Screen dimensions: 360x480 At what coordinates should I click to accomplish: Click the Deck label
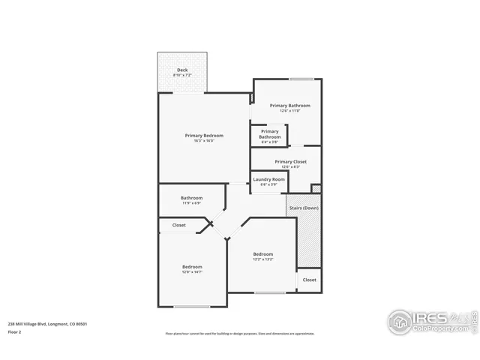[182, 70]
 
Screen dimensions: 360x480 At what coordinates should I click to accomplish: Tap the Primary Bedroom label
[204, 135]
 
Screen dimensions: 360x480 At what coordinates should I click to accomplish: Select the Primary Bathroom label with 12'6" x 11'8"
[289, 106]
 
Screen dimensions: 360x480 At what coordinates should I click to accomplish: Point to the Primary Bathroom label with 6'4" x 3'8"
[269, 131]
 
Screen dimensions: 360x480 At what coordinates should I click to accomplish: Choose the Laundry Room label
[268, 179]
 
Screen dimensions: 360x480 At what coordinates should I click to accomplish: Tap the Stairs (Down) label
[303, 207]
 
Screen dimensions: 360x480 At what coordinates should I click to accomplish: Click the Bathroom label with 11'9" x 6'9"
[191, 198]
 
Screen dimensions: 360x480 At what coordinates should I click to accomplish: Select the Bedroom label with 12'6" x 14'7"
[192, 266]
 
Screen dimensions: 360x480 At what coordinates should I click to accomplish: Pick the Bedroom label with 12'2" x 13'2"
[262, 254]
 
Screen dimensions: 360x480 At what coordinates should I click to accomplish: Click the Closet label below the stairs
[309, 280]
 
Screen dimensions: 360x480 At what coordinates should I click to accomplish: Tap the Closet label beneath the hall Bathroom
[179, 225]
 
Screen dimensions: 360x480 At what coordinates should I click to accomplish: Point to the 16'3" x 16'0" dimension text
[204, 141]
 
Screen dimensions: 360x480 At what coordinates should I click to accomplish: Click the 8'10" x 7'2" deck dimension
[182, 76]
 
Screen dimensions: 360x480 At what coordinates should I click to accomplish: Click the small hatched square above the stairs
[316, 188]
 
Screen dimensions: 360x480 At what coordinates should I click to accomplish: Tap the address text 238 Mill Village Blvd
[47, 324]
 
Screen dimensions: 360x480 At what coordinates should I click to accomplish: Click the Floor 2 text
[14, 331]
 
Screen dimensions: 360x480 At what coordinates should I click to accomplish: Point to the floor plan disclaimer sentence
[239, 334]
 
